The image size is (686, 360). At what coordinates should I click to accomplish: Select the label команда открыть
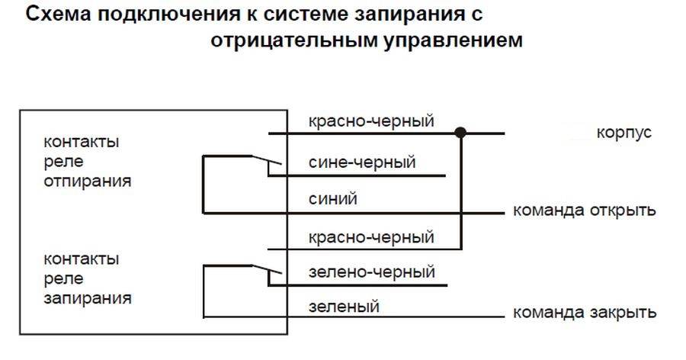[584, 210]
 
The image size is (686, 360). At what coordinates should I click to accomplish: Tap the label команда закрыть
[584, 313]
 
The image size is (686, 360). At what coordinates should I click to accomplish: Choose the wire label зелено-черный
[371, 272]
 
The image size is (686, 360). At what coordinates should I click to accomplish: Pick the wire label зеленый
[344, 307]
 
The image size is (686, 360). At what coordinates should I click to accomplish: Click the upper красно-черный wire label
[371, 121]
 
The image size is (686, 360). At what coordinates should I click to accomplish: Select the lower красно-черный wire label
[371, 237]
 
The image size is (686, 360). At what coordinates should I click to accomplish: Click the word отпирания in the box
[87, 182]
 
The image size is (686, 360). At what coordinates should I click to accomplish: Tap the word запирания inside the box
[87, 298]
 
